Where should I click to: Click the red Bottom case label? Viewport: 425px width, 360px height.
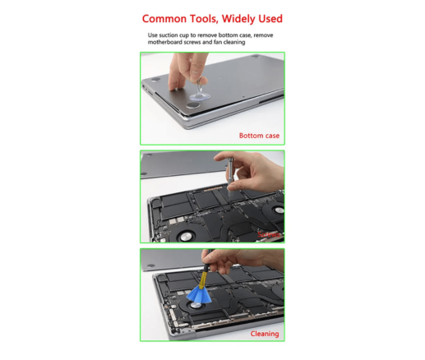[x=258, y=135]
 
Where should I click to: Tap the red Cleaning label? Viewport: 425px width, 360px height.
[x=264, y=334]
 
